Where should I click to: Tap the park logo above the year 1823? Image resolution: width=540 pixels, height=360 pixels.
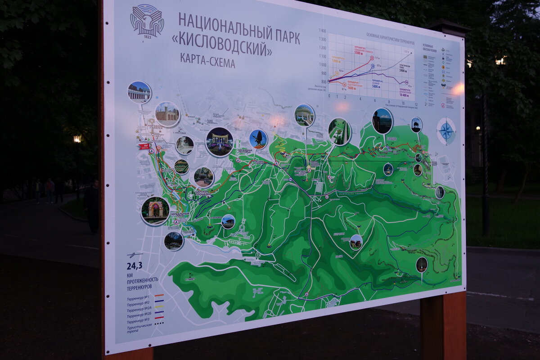(147, 20)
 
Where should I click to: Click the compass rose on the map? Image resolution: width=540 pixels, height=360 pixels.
(446, 131)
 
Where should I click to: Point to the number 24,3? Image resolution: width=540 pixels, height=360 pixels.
(134, 265)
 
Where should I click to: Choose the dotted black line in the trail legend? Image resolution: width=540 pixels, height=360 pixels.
(159, 323)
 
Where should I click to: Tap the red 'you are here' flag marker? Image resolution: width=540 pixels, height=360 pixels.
(144, 146)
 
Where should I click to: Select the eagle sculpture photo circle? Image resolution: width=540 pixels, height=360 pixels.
(258, 139)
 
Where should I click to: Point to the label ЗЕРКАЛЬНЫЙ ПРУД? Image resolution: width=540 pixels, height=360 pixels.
(180, 215)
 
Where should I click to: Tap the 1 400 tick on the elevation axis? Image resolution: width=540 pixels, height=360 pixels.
(322, 31)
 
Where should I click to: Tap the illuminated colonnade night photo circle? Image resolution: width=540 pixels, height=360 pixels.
(219, 142)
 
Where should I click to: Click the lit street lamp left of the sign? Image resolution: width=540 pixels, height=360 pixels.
(77, 139)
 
